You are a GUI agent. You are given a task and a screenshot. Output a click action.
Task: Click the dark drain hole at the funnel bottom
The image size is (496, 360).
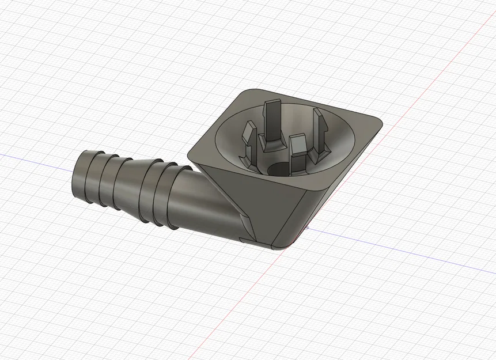tap(279, 169)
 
